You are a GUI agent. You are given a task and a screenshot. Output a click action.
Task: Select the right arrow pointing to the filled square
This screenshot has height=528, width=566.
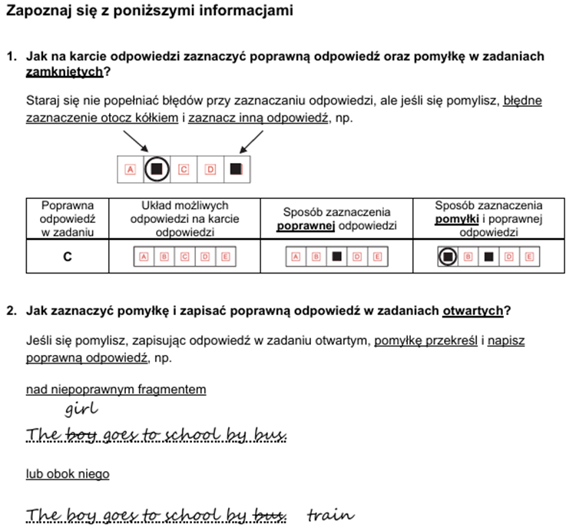252,141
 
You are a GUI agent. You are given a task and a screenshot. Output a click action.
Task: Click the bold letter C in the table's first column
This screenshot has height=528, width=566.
68,257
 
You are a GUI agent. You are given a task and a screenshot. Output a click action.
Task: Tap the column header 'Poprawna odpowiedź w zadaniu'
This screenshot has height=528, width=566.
68,218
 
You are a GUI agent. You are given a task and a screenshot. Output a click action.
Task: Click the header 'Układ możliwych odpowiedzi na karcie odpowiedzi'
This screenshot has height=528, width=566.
184,218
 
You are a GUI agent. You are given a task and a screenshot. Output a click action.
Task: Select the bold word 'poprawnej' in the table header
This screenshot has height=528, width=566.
304,225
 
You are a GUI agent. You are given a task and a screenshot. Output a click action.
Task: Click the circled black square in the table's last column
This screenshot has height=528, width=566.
446,257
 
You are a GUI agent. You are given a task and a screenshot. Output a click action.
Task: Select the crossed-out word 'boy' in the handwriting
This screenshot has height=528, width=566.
84,436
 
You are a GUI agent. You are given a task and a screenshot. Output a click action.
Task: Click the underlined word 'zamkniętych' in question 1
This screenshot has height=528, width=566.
65,72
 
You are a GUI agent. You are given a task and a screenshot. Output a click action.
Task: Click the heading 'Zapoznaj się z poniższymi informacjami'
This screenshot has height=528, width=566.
149,12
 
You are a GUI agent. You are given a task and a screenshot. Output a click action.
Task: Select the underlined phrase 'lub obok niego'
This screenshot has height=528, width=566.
68,474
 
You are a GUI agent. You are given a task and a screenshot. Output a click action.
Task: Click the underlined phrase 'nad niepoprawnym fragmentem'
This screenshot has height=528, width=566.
116,390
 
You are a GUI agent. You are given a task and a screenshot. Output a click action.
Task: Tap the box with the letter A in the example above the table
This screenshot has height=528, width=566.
130,169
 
